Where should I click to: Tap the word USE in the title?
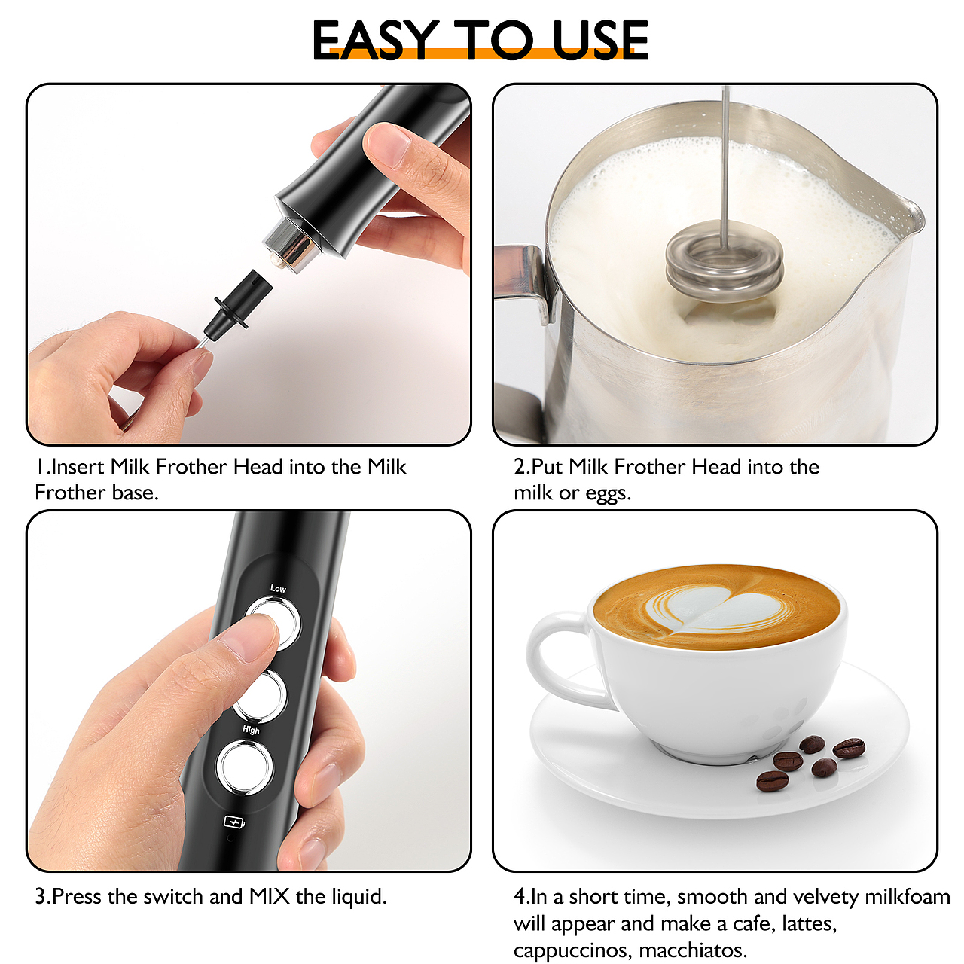point(599,41)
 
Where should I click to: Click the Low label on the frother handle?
point(278,588)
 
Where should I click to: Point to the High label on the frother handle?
point(251,730)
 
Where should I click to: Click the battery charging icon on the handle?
point(234,822)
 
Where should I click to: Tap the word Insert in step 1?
point(78,467)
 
